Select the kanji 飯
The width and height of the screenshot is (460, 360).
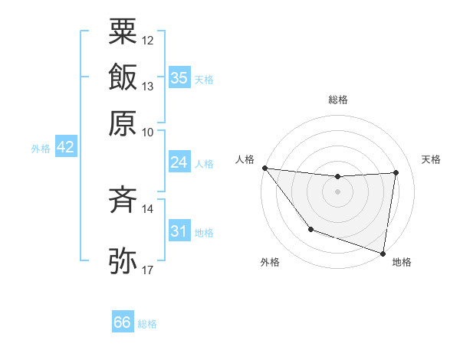[x=123, y=77]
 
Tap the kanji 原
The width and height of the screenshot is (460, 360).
[x=123, y=123]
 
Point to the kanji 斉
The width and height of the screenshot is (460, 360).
[x=123, y=201]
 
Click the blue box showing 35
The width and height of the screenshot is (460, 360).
[x=179, y=78]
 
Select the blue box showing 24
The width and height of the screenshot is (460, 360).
[x=179, y=162]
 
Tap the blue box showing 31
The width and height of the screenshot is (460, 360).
[x=179, y=231]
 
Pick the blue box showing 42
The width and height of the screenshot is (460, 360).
[x=65, y=147]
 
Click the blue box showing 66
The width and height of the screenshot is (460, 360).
[x=123, y=322]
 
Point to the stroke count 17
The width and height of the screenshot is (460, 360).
[x=147, y=270]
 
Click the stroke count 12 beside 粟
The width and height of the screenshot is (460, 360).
[x=147, y=40]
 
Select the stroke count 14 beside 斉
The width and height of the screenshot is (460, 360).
[x=147, y=208]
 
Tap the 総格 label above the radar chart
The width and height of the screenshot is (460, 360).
[x=337, y=100]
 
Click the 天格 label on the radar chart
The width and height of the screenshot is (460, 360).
[x=431, y=159]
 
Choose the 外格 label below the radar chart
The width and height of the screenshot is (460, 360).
[x=270, y=263]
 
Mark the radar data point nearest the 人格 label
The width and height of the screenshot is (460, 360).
[x=264, y=168]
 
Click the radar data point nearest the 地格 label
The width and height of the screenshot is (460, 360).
[x=383, y=253]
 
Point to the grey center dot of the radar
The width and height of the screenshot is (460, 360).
[x=337, y=191]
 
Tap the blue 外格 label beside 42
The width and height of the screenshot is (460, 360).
[x=41, y=149]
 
